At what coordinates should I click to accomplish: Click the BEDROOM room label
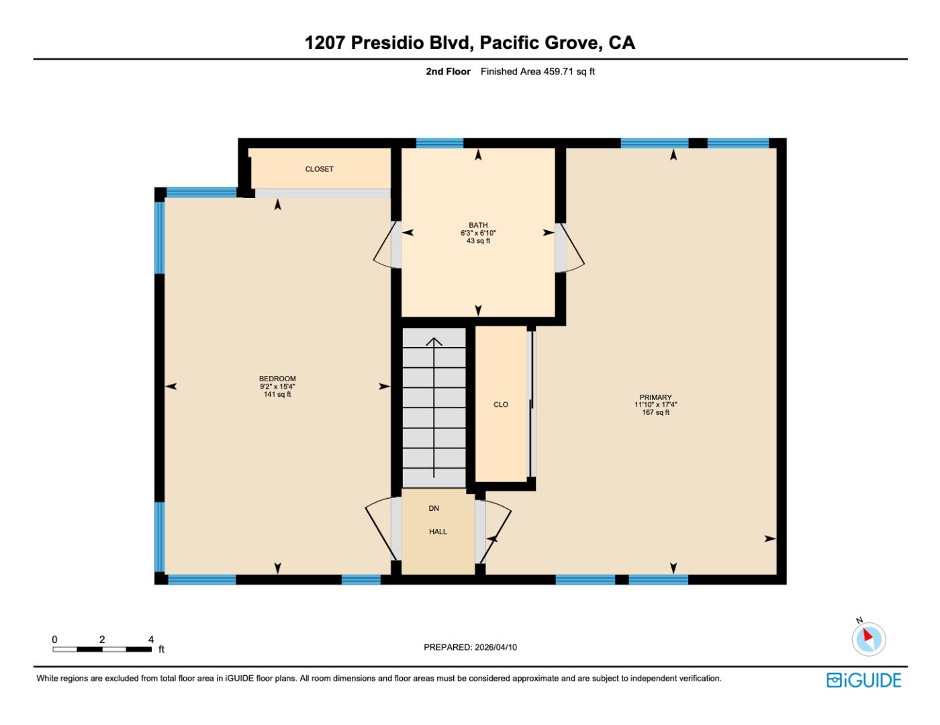[x=277, y=379]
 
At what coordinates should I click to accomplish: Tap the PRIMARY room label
[x=655, y=397]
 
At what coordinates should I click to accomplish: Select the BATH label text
[x=478, y=225]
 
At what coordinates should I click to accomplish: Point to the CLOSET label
[x=319, y=169]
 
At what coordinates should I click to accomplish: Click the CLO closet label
[x=501, y=405]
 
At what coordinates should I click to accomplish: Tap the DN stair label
[x=434, y=509]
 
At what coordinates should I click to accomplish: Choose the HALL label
[x=438, y=532]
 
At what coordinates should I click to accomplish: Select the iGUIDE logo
[x=863, y=680]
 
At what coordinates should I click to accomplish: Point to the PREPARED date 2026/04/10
[x=470, y=647]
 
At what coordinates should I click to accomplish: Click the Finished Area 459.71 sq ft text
[x=537, y=72]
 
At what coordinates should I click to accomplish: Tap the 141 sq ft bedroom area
[x=277, y=395]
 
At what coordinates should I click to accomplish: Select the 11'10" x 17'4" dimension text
[x=655, y=405]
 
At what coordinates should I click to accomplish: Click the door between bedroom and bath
[x=386, y=245]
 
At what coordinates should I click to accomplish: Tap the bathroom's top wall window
[x=439, y=143]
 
